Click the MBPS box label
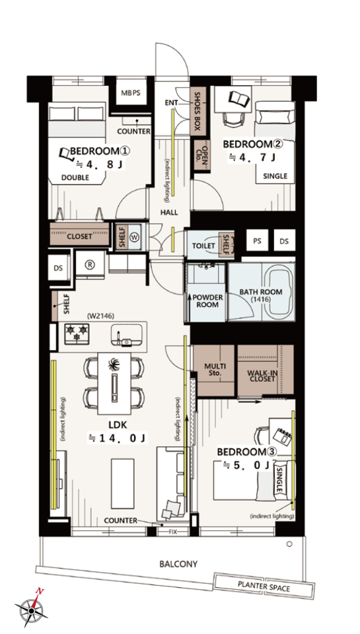(131, 92)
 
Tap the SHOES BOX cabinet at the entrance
(198, 110)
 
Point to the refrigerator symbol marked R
(90, 265)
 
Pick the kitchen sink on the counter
(127, 335)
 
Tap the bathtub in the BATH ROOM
(280, 291)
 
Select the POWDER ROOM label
(207, 301)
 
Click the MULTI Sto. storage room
(213, 370)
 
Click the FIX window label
(172, 531)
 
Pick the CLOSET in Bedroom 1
(80, 234)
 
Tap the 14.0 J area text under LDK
(117, 437)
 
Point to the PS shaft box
(257, 240)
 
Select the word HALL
(168, 213)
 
